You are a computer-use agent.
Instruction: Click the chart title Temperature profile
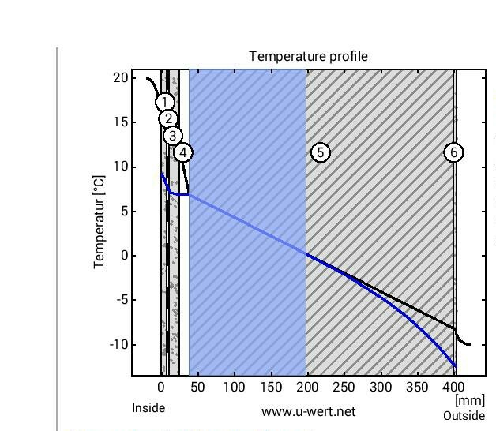[x=308, y=56]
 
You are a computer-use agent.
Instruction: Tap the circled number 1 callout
[x=164, y=103]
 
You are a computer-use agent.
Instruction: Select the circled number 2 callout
[x=168, y=119]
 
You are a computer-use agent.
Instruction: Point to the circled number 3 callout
[x=173, y=136]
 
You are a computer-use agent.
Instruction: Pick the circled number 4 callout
[x=182, y=152]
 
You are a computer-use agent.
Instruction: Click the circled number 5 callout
[x=320, y=152]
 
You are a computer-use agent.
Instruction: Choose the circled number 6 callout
[x=454, y=152]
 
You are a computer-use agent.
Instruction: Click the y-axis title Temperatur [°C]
[x=100, y=223]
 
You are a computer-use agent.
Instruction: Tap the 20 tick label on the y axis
[x=120, y=77]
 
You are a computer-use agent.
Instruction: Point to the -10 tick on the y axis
[x=117, y=345]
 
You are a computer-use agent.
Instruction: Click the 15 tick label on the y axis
[x=120, y=122]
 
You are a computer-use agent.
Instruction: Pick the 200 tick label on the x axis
[x=307, y=388]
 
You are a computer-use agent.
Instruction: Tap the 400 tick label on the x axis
[x=453, y=388]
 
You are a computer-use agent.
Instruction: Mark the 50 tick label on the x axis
[x=197, y=388]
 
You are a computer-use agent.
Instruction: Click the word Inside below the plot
[x=148, y=408]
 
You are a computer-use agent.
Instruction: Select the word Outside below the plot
[x=464, y=416]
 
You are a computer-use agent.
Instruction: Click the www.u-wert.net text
[x=308, y=411]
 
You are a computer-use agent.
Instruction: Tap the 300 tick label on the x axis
[x=381, y=388]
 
